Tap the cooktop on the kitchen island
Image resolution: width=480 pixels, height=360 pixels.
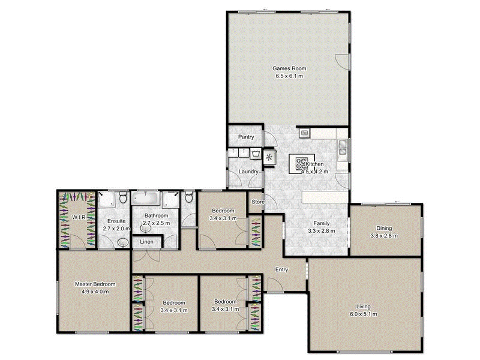click(x=299, y=164)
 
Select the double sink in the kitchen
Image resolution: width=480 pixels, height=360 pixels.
click(x=342, y=148)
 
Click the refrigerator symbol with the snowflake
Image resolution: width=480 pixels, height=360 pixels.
click(x=270, y=158)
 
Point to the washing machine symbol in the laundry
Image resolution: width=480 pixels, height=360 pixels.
click(x=256, y=154)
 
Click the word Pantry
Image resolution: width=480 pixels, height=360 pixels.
click(x=246, y=137)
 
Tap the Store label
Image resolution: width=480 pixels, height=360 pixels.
click(x=257, y=202)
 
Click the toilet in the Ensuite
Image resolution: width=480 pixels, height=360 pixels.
click(x=122, y=198)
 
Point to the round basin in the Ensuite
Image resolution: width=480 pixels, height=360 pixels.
click(x=123, y=242)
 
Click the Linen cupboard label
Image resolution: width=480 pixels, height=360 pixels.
click(x=146, y=241)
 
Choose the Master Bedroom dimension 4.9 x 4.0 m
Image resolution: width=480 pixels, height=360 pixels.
click(x=95, y=293)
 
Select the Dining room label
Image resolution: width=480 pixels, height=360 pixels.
click(x=383, y=228)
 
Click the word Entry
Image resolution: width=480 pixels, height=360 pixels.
click(x=281, y=269)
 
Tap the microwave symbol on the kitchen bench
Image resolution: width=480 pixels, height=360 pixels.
click(x=304, y=133)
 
